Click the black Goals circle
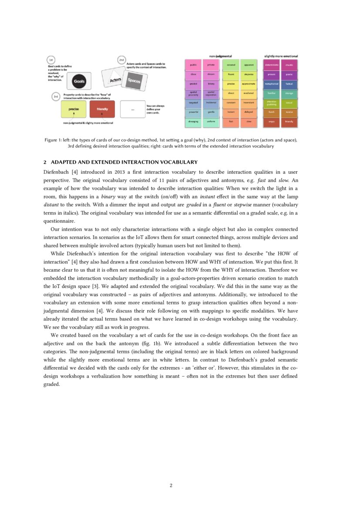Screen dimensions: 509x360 tap(79, 81)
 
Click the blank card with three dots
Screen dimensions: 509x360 tap(132, 109)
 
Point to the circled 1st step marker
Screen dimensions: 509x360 tap(51, 60)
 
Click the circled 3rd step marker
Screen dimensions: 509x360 tap(56, 97)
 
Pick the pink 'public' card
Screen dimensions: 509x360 tap(193, 65)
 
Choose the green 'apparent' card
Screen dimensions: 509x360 tap(249, 65)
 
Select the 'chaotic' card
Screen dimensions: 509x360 tap(289, 65)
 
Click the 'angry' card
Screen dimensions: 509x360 tap(271, 122)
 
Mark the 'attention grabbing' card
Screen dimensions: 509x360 tap(271, 103)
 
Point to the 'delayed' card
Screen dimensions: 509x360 tap(249, 112)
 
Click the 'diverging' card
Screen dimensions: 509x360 tap(193, 122)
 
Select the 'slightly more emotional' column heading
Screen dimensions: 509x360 tap(281, 56)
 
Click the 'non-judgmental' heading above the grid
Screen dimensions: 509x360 tap(220, 56)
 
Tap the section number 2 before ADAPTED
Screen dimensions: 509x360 tap(45, 162)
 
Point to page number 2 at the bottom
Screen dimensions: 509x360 tap(171, 485)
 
